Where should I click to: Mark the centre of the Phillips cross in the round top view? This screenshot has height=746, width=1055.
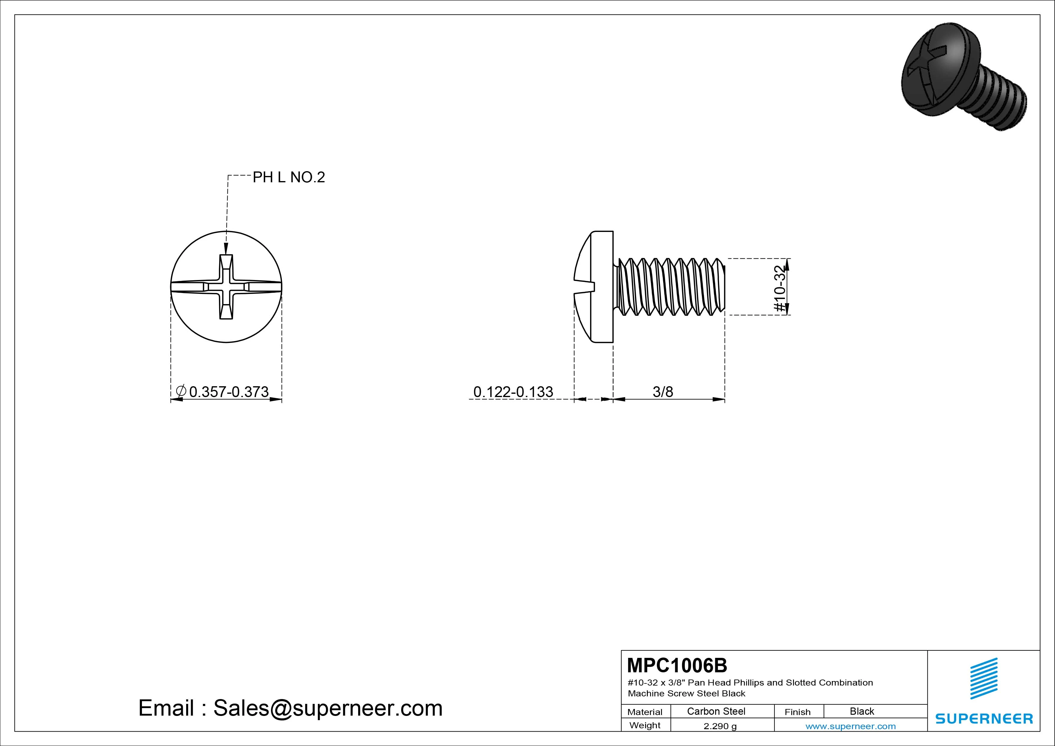click(226, 287)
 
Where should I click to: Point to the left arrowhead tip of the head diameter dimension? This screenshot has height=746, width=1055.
click(171, 399)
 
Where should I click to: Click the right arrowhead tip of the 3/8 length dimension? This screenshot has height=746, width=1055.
click(724, 399)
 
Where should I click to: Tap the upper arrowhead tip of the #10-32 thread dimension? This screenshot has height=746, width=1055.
click(787, 259)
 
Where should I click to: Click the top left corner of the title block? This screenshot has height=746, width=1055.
click(621, 650)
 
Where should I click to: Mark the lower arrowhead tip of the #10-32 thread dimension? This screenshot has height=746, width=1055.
click(787, 315)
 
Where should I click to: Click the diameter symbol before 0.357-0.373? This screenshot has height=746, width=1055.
click(181, 392)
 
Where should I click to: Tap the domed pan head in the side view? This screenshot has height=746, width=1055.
click(594, 287)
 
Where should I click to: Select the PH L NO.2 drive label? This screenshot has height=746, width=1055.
click(289, 177)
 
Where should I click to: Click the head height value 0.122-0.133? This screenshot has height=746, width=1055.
click(513, 392)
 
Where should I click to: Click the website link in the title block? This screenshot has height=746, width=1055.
click(850, 726)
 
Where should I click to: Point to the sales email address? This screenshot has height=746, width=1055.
click(328, 708)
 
